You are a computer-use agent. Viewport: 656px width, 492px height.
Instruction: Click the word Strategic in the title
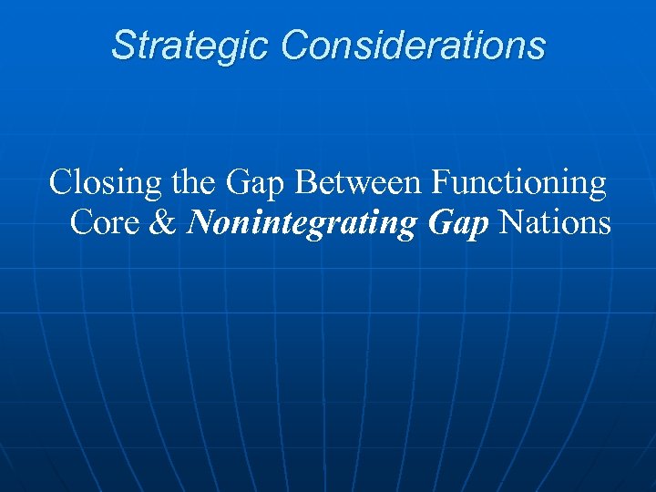point(190,46)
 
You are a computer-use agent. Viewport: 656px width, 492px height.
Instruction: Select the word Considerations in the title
point(414,46)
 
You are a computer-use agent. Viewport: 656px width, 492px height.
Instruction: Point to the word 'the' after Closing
point(191,183)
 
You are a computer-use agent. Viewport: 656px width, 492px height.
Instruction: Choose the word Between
point(359,183)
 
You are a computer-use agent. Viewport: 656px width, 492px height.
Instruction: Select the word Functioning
point(518,185)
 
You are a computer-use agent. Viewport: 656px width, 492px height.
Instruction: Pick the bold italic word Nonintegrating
point(300,223)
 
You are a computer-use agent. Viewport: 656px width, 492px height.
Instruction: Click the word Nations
point(556,222)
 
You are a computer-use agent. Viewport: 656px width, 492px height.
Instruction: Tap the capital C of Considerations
point(295,46)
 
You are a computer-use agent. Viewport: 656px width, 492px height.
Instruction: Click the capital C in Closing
point(60,183)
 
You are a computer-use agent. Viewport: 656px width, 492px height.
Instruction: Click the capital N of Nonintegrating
point(198,222)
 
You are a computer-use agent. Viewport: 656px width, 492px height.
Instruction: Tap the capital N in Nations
point(512,222)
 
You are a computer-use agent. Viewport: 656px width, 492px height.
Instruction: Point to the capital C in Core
point(80,222)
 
